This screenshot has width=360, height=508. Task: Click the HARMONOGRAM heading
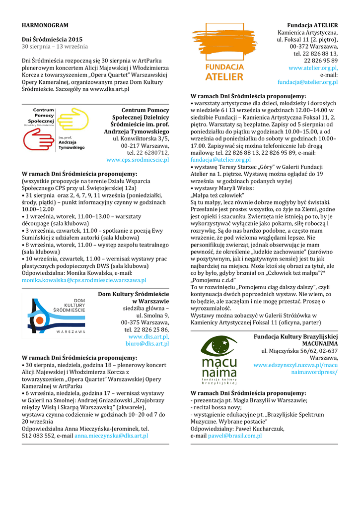45,25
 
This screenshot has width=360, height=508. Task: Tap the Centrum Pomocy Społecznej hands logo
55,130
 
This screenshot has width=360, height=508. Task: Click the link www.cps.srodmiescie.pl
138,160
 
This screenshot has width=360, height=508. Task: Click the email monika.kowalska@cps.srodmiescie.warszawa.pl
84,280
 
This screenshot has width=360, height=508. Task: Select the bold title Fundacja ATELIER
312,25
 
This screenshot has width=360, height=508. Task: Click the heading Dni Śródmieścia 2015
52,39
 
